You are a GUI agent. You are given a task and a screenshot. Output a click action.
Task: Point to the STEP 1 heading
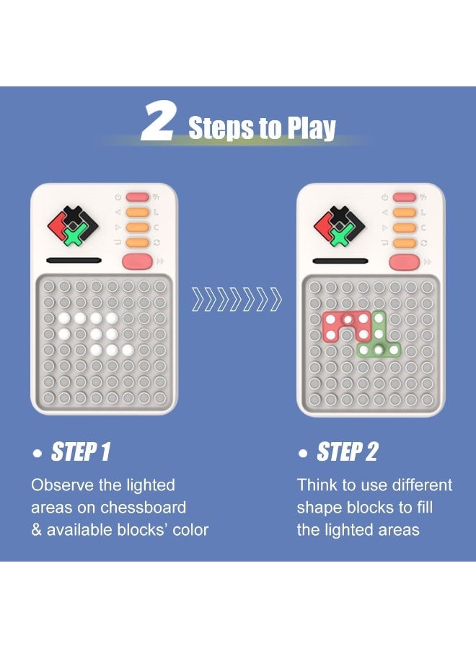(x=80, y=452)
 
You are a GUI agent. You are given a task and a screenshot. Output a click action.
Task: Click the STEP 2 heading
(x=347, y=452)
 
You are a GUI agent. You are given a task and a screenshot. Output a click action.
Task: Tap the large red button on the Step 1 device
(x=137, y=261)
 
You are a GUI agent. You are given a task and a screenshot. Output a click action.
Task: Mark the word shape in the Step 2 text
(x=317, y=508)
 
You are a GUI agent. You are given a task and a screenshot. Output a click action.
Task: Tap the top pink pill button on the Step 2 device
(x=405, y=197)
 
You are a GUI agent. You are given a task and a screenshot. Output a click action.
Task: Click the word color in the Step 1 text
(x=188, y=530)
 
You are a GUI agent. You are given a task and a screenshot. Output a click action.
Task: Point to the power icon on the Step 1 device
(x=118, y=197)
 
